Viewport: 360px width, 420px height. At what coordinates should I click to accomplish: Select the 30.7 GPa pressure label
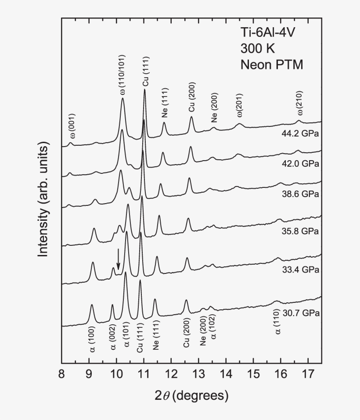click(300, 313)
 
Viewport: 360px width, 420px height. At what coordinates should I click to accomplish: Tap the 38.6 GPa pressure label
click(300, 194)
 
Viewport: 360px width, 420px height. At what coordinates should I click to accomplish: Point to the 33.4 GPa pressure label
click(300, 269)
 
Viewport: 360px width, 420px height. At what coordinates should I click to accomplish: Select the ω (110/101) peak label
click(123, 75)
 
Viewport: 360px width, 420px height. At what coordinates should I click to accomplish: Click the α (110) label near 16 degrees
click(277, 325)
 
